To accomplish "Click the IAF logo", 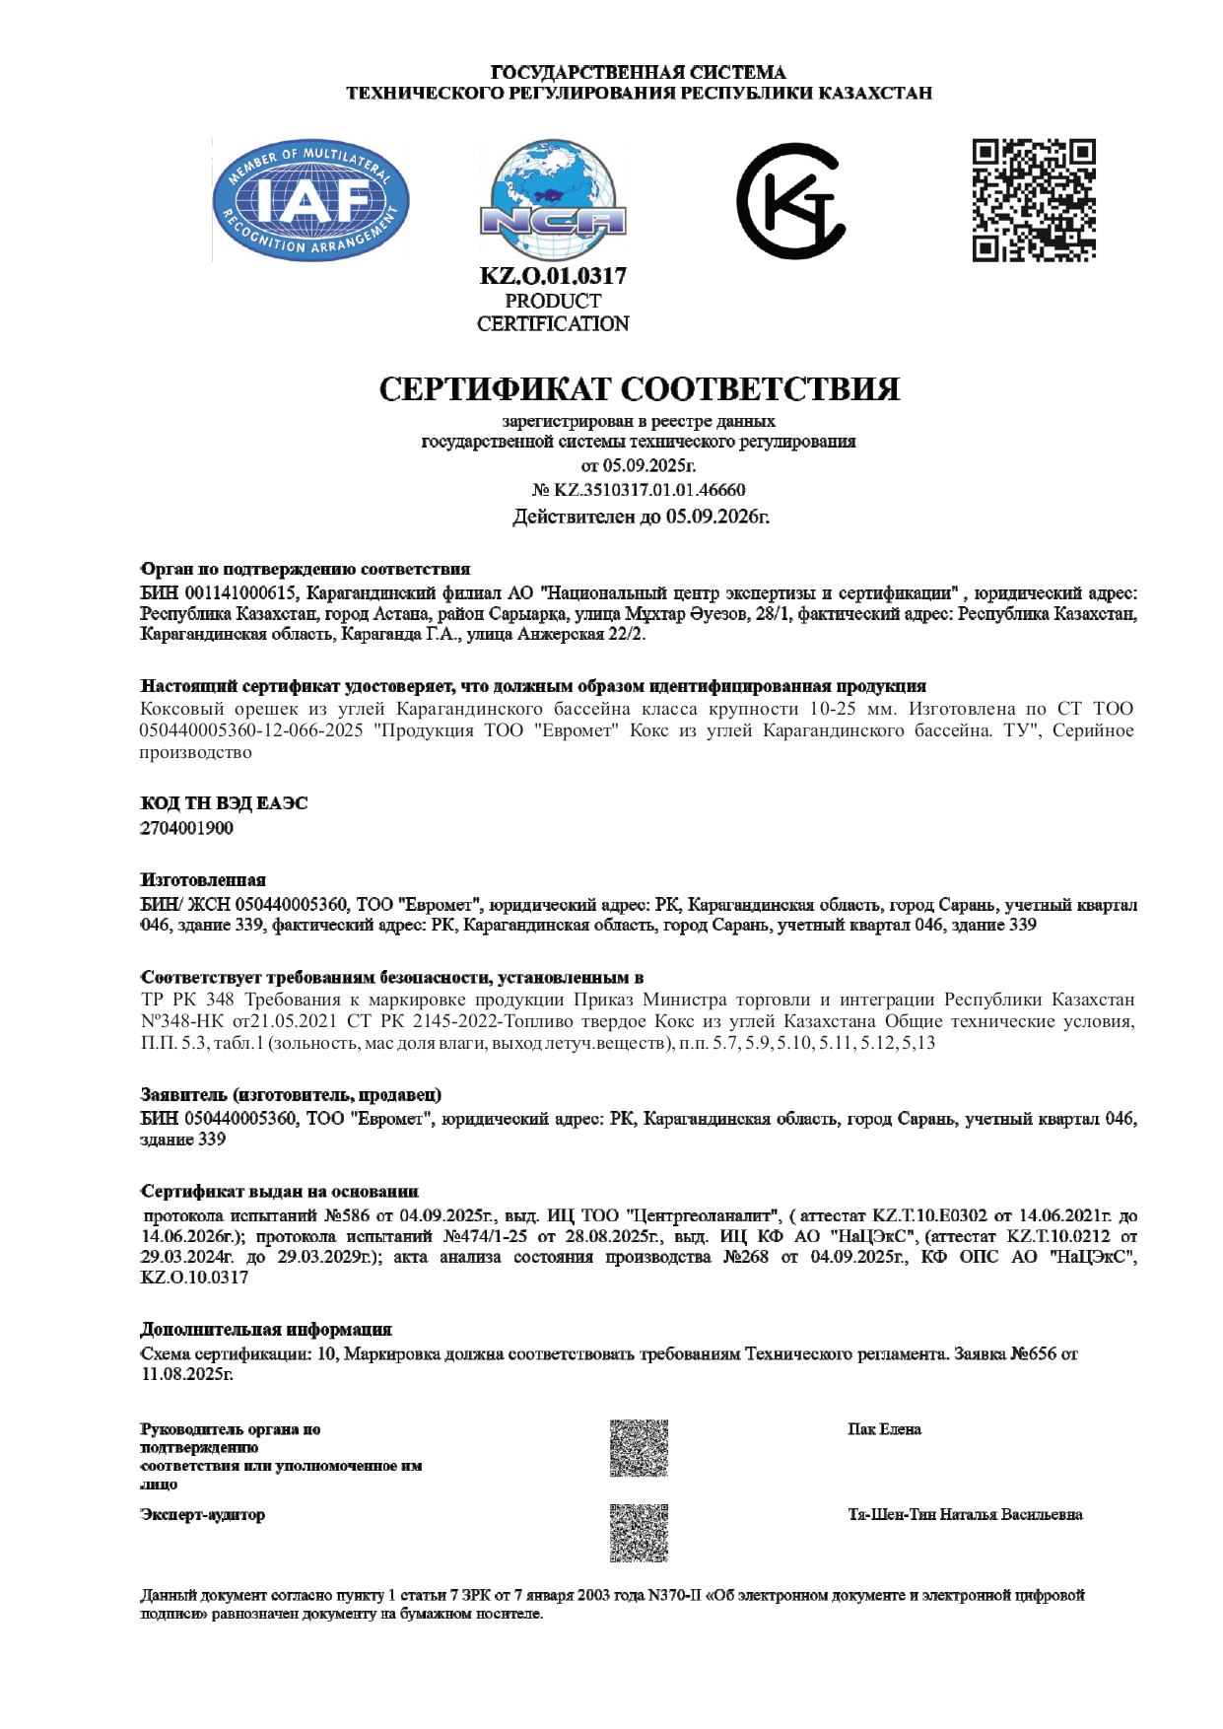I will [x=310, y=201].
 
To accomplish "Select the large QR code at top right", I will [x=1034, y=200].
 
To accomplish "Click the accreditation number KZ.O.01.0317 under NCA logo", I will [x=553, y=276].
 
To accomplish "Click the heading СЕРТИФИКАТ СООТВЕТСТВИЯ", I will [x=640, y=388].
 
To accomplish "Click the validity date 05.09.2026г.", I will [x=717, y=517].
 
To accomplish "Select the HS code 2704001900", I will [x=187, y=828].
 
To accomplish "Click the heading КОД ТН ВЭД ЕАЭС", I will [x=224, y=803].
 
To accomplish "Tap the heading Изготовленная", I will [x=203, y=879].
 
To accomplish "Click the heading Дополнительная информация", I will [x=266, y=1329].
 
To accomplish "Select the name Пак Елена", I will [x=884, y=1429].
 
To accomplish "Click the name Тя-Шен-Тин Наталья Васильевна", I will [x=965, y=1514].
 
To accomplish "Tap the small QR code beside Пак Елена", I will [x=639, y=1448].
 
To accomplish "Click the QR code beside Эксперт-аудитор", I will [x=639, y=1533].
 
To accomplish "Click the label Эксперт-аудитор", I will [x=203, y=1514].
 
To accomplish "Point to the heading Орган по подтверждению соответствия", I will [x=306, y=569].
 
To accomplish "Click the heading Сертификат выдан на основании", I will [x=280, y=1192].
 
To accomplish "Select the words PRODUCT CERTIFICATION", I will [x=553, y=312].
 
